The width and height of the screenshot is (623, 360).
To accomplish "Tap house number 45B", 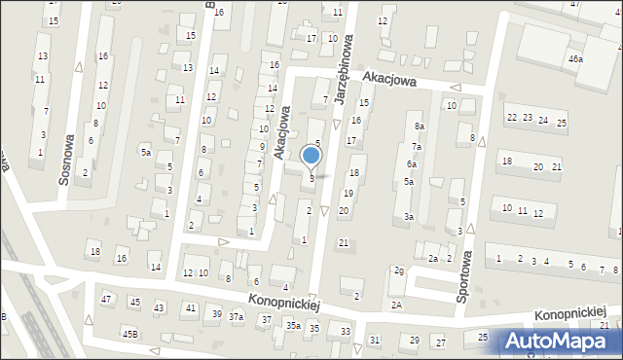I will (x=129, y=334).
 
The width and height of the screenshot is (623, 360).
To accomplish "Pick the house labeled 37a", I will (x=236, y=317).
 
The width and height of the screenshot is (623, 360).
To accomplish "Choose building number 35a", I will (x=292, y=326).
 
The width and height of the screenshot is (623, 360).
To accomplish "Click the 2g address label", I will (x=398, y=270).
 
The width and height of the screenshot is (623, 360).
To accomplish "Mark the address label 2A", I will (x=396, y=306).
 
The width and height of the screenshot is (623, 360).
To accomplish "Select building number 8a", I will (x=419, y=126).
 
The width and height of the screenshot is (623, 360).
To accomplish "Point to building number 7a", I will (x=416, y=147).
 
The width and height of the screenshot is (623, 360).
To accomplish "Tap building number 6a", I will (x=412, y=164).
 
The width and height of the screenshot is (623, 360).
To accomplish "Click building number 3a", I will (x=410, y=216).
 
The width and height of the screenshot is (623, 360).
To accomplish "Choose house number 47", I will (x=106, y=299).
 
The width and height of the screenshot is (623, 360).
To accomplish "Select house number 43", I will (x=158, y=308).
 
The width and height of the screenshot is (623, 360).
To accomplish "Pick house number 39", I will (x=216, y=313).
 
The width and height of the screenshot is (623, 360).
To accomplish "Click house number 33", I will (x=345, y=332).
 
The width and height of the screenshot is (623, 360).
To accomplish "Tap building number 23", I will (x=527, y=118).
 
